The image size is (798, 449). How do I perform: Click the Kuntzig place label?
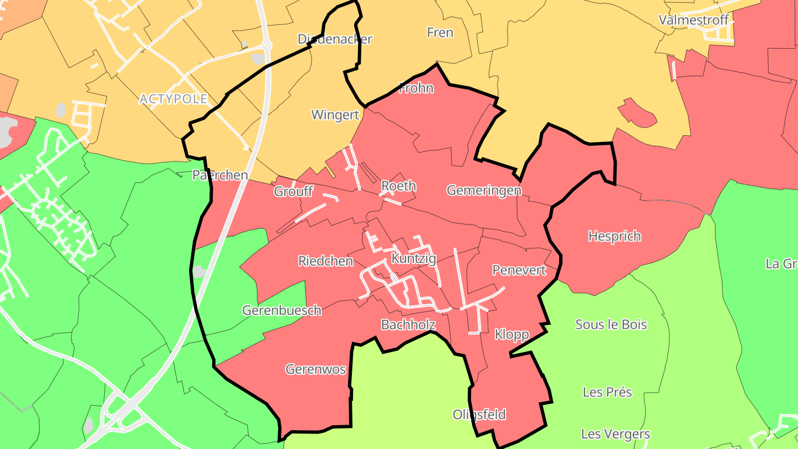pos(413,259)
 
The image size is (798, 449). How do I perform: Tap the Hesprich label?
pos(615,237)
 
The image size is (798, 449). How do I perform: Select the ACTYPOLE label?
pos(173,99)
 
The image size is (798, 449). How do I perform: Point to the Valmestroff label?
pos(693,20)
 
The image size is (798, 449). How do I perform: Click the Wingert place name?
pos(335,115)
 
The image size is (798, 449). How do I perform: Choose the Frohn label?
pos(416,88)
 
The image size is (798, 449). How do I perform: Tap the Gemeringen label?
pos(484,191)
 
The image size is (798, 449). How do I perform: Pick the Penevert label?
pos(519,271)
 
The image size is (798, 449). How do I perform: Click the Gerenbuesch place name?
pos(282,310)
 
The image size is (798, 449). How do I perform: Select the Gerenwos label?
pos(316,369)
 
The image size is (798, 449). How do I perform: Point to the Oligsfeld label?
pos(479,415)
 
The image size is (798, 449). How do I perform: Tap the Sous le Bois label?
pos(611,324)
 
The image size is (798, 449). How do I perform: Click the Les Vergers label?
pos(615,433)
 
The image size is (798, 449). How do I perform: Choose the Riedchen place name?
pos(326,261)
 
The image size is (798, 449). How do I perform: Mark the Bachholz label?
pos(408,325)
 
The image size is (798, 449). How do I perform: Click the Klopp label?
pos(511,334)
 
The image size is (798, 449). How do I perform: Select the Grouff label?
pos(294,192)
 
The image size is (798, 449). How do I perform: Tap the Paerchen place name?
pos(220,176)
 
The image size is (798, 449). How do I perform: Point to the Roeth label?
pos(398,186)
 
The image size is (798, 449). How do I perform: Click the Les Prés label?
pos(607,392)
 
